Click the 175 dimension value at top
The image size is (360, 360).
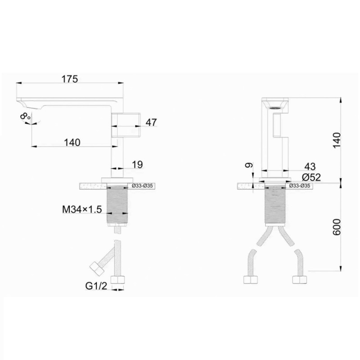(70, 79)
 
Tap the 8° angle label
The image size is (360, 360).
(25, 116)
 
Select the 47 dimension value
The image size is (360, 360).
(151, 122)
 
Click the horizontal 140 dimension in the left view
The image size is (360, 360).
(72, 143)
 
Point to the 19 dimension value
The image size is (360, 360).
(137, 165)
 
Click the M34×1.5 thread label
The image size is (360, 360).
(82, 209)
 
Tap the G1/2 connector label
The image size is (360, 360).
(96, 286)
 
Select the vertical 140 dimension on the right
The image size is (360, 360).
(337, 140)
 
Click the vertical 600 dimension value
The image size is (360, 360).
(337, 227)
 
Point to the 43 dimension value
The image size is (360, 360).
(310, 166)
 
